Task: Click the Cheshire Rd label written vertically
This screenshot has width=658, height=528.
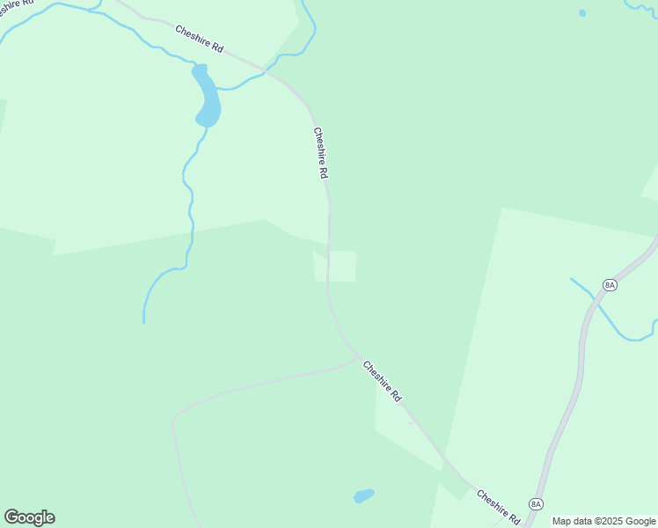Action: [320, 154]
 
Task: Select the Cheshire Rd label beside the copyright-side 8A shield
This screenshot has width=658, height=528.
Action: [498, 508]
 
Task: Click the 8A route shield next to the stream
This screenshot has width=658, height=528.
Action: [610, 284]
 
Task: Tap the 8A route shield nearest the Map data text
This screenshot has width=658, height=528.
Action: [536, 503]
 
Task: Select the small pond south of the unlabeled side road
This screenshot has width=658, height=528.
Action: [363, 496]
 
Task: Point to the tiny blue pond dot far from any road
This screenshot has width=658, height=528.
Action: [582, 13]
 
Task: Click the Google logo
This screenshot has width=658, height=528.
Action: [29, 517]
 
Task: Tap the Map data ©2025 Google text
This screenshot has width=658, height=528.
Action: [603, 521]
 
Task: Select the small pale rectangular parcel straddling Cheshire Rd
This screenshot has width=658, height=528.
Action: [335, 267]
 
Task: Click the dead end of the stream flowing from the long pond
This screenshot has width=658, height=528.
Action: [143, 322]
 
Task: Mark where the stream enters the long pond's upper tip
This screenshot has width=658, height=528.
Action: [194, 64]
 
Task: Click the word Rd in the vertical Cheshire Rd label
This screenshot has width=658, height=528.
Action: [324, 173]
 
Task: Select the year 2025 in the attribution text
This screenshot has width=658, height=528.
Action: [610, 521]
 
